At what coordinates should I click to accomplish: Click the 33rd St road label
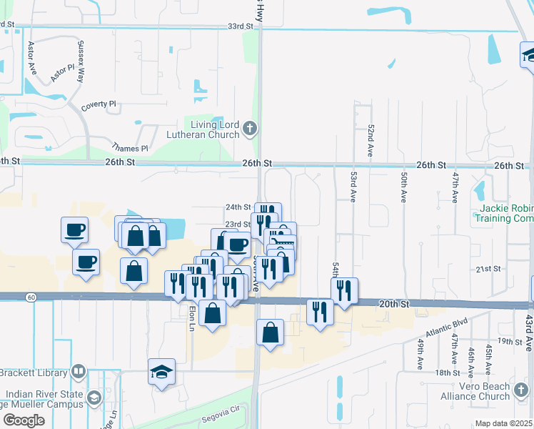241,26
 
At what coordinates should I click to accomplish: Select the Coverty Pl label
99,104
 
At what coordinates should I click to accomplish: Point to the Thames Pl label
133,149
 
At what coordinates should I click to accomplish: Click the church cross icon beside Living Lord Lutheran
248,129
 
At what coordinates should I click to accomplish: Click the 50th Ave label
404,184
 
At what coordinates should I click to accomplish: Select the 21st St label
488,269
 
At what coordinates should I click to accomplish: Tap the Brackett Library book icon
79,372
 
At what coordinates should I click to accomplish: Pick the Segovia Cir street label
221,413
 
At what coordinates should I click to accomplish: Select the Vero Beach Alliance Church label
504,391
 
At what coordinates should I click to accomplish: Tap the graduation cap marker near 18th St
162,372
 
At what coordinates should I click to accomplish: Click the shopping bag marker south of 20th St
269,333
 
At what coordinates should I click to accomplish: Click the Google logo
24,420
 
